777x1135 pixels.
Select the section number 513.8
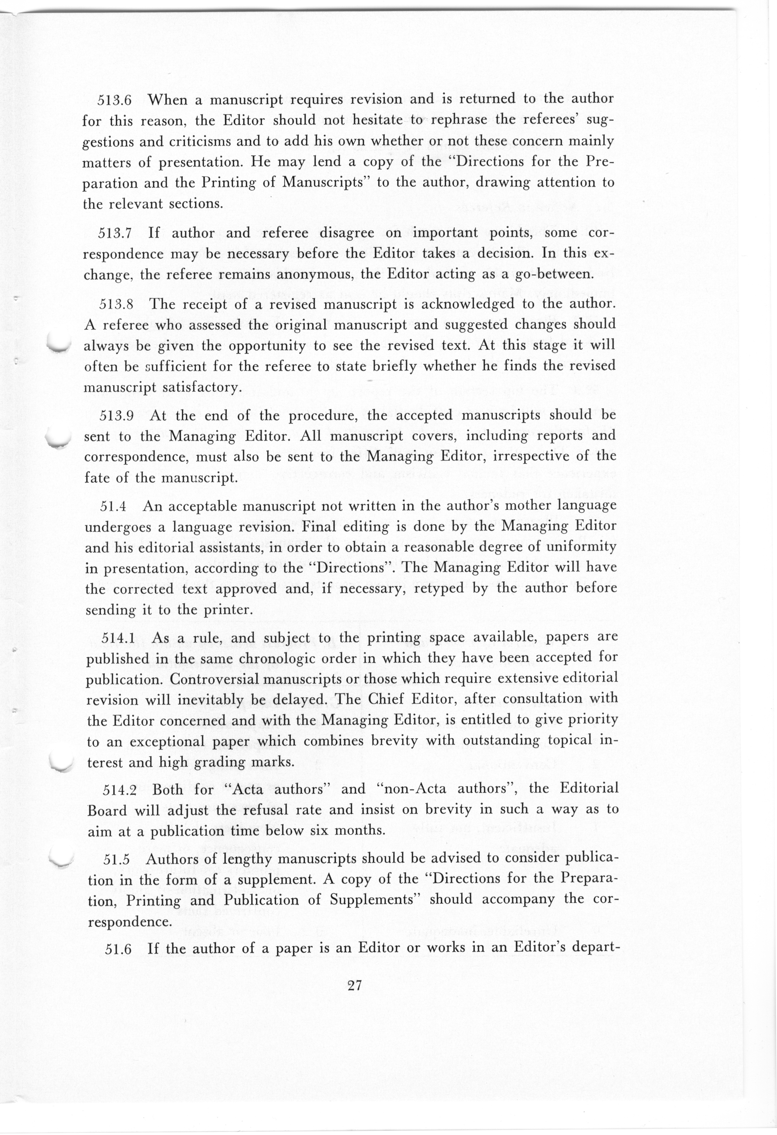116,305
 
